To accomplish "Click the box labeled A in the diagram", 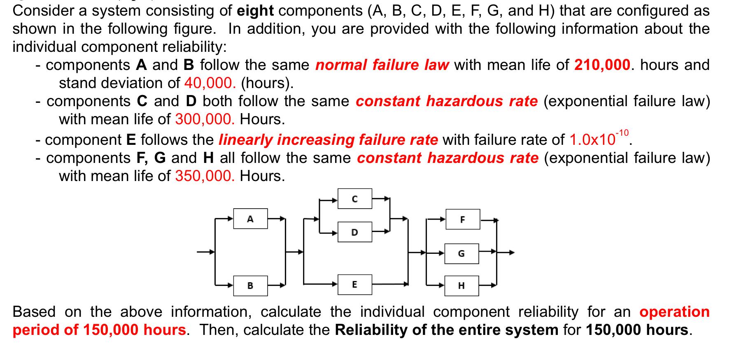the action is (250, 218).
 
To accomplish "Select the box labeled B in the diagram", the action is (250, 286).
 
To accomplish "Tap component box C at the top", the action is (354, 199).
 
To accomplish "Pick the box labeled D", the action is (354, 232).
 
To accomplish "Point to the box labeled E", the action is (354, 285).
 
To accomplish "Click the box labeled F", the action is (462, 219).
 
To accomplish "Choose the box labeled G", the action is (461, 253).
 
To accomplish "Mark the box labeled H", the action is (461, 286).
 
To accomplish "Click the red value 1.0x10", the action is (592, 140).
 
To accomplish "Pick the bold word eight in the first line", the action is (256, 11).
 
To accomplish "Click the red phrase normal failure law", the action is (382, 65).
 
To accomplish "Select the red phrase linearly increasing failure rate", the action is (328, 140).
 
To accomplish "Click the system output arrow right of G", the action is (507, 253).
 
